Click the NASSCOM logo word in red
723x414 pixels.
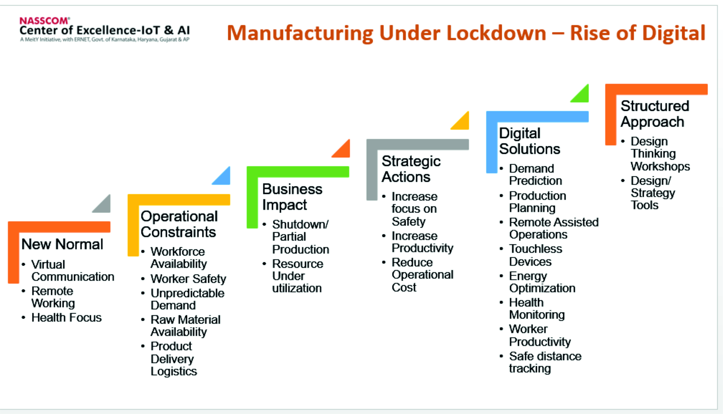coord(44,21)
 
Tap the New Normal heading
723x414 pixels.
coord(62,244)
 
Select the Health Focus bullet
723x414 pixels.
coord(66,318)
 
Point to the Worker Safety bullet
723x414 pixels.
coord(188,279)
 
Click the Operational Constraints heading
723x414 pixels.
coord(179,224)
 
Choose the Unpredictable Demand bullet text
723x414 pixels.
coord(187,299)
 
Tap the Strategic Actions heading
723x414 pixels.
coord(411,169)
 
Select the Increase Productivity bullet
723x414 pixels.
coord(422,242)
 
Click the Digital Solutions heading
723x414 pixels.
coord(529,141)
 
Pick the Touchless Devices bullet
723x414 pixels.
coord(535,255)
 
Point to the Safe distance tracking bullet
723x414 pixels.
coord(545,362)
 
